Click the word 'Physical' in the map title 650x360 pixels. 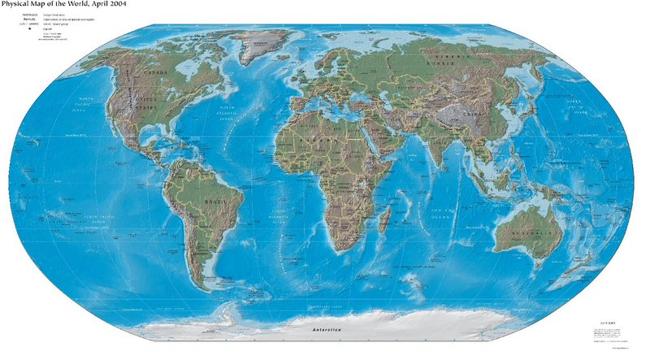coord(20,5)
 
